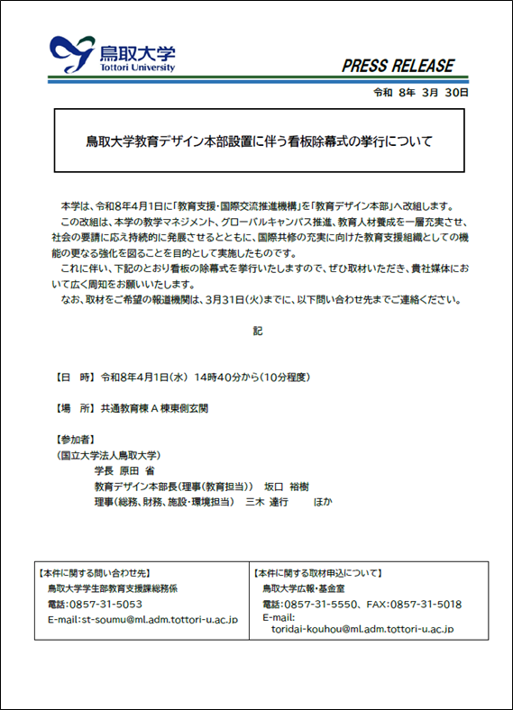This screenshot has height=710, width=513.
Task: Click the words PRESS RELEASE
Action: coord(398,66)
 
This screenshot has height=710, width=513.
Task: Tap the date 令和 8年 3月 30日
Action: coord(420,93)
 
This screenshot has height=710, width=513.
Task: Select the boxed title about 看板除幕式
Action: coord(259,141)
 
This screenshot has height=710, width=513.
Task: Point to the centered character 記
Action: coord(258,332)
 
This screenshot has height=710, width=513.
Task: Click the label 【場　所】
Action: coord(76,408)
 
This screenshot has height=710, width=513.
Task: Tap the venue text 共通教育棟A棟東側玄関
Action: coord(158,408)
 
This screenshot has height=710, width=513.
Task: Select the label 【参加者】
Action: coord(77,440)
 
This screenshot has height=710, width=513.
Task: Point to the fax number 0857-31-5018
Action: coord(430,604)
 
